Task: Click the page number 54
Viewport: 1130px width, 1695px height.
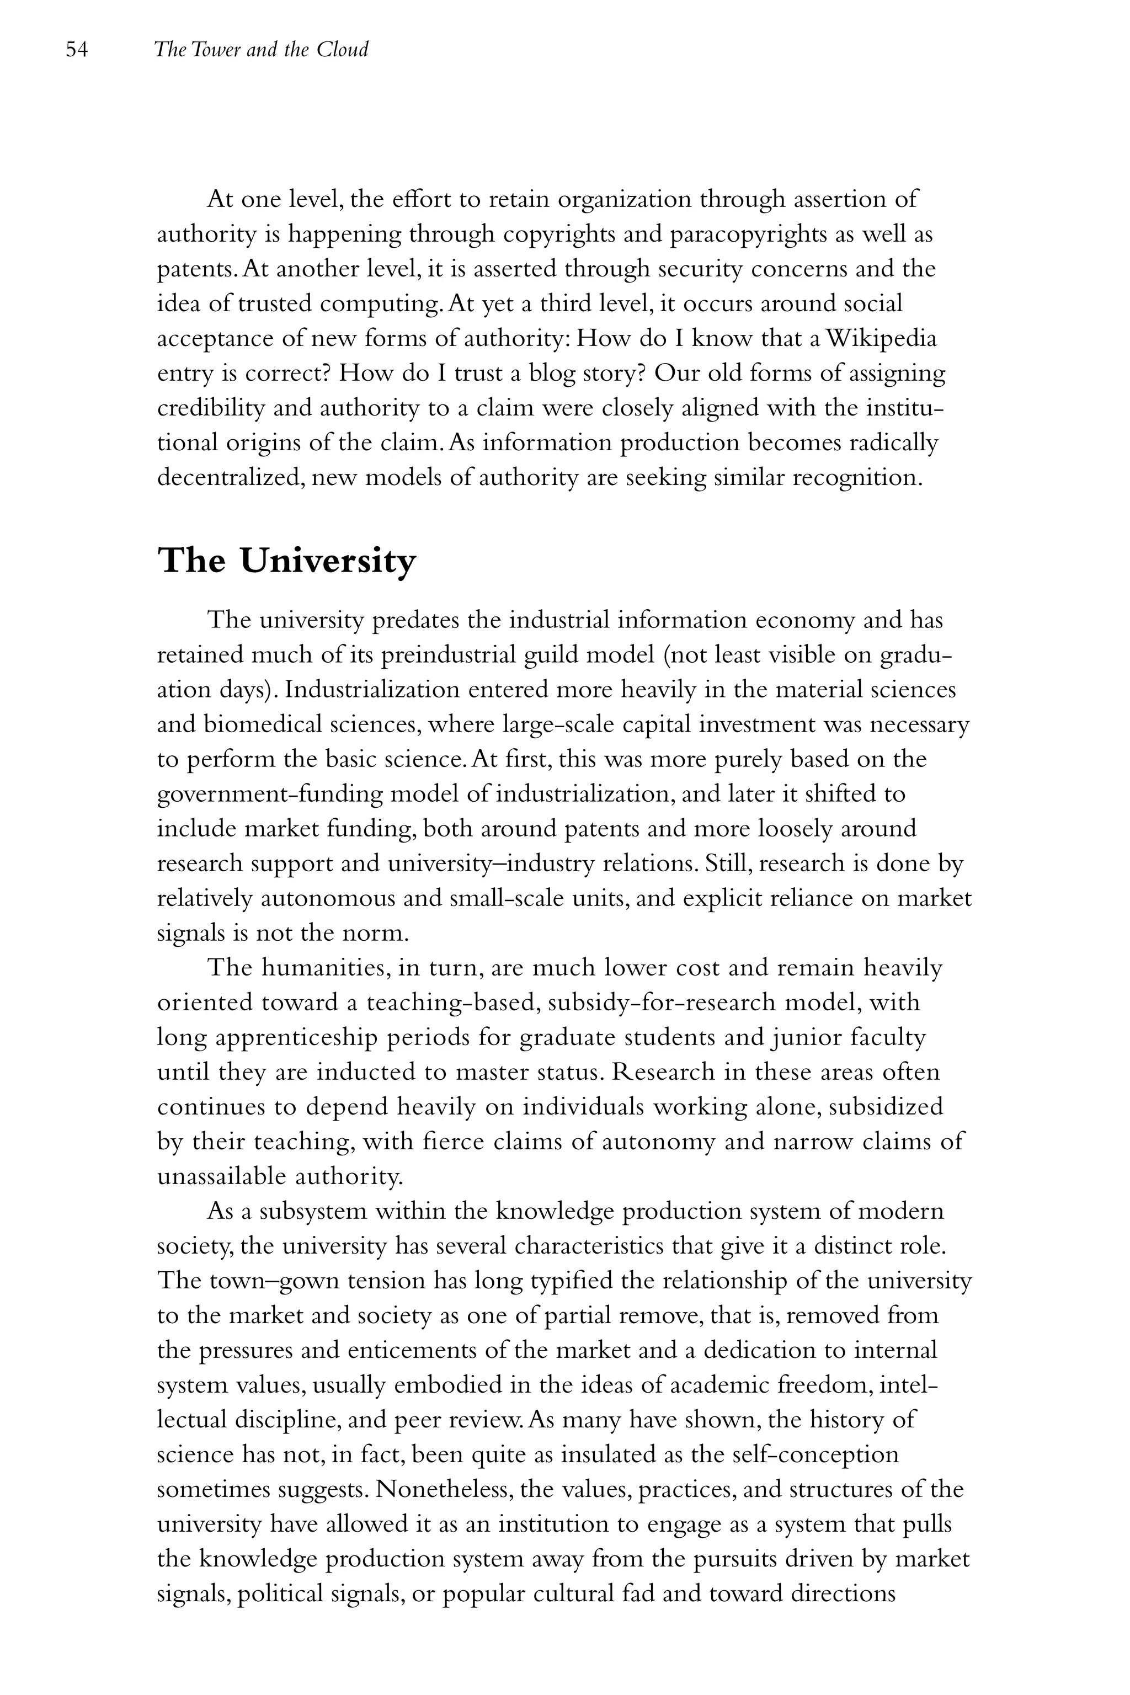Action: pos(76,50)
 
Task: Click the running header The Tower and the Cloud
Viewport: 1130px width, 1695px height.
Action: pos(261,50)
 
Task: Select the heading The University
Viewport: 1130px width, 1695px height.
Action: pos(287,561)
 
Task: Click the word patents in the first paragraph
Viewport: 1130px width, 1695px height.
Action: pos(194,269)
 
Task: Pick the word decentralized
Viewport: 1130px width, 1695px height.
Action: pos(234,477)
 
